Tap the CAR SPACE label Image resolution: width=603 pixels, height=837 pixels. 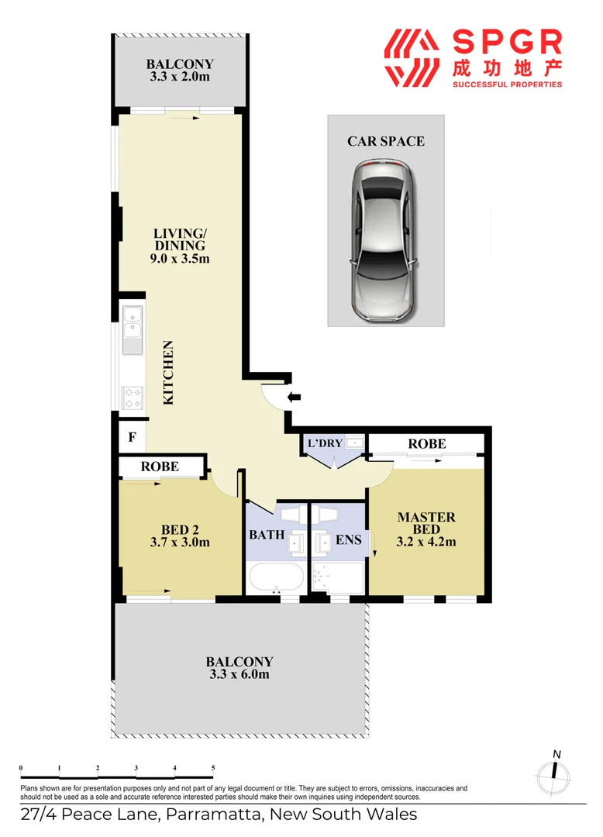tap(386, 141)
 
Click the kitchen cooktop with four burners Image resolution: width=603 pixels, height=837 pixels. tap(132, 398)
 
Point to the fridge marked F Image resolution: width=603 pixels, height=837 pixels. tap(132, 437)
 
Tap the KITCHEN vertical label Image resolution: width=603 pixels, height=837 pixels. tap(168, 373)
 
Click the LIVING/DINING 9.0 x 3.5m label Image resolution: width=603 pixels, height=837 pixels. tap(180, 246)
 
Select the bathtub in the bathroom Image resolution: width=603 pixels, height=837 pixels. tap(276, 577)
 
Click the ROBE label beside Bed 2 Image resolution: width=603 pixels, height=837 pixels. tap(160, 467)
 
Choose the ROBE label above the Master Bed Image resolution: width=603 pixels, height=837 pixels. tap(427, 443)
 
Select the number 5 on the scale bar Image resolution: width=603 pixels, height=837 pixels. tap(213, 768)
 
